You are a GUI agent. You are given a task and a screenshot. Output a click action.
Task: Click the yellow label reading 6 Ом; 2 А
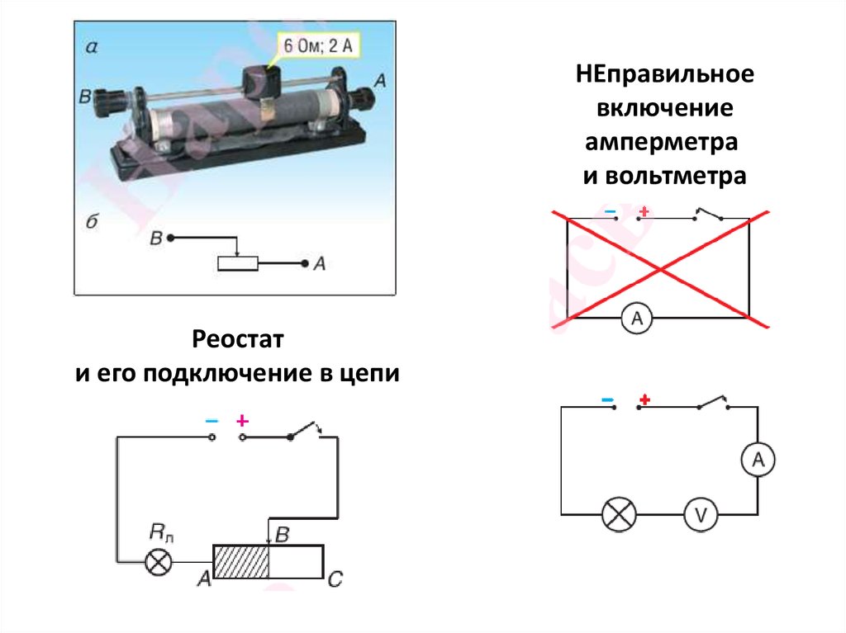click(x=318, y=46)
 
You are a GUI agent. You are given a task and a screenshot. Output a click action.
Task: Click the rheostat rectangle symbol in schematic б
click(x=237, y=263)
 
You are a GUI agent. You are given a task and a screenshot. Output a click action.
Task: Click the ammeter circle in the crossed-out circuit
click(x=636, y=319)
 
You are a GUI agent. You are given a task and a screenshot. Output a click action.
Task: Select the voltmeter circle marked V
click(x=700, y=517)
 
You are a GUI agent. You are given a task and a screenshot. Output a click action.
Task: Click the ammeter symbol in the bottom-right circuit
click(x=756, y=462)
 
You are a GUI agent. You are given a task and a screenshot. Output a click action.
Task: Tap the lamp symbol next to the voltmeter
click(x=619, y=517)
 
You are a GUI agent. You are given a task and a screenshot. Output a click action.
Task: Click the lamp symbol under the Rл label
click(x=159, y=563)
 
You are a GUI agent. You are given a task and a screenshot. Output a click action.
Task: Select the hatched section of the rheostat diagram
click(x=240, y=561)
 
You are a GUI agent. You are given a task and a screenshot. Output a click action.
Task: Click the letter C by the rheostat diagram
click(x=335, y=580)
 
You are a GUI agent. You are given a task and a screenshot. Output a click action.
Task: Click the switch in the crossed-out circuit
click(x=708, y=215)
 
